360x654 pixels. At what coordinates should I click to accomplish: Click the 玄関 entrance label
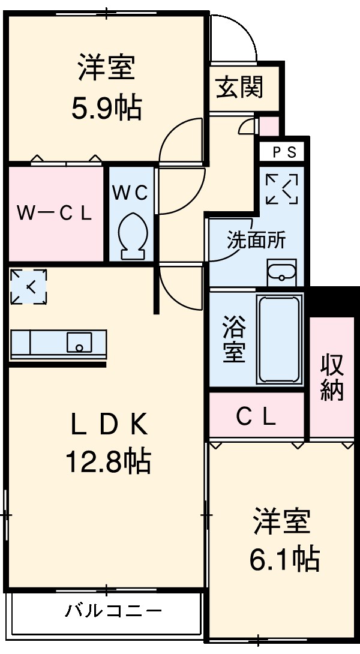[240, 88]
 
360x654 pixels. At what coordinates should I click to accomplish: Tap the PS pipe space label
[284, 152]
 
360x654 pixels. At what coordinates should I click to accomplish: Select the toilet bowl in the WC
[131, 234]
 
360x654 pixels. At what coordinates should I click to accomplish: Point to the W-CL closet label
[54, 213]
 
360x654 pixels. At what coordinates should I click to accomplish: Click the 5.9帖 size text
[106, 109]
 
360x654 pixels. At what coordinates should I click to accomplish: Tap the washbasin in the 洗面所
[281, 272]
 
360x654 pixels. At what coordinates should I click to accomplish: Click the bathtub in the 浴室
[278, 339]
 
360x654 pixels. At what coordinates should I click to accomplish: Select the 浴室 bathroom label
[234, 340]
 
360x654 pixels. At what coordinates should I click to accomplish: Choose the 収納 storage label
[332, 377]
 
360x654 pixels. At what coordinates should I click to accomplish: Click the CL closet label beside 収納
[256, 416]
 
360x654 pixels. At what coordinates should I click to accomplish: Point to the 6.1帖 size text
[284, 559]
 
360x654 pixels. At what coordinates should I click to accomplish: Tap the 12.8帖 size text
[108, 461]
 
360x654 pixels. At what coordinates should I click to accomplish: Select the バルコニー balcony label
[113, 611]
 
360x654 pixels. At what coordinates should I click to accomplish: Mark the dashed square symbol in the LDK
[28, 287]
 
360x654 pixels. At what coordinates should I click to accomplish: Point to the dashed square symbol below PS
[281, 188]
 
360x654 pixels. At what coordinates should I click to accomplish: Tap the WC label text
[131, 193]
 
